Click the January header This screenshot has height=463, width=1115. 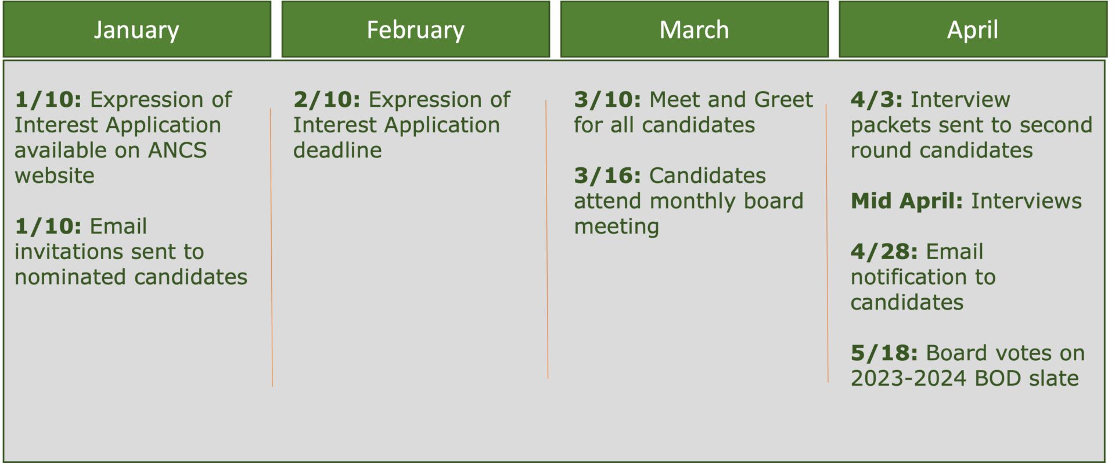point(137,30)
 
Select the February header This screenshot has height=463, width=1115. point(416,30)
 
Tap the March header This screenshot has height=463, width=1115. point(695,30)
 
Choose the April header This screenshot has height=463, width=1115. point(973,30)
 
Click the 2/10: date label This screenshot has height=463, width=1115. point(327,100)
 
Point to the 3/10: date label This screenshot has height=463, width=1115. point(607,100)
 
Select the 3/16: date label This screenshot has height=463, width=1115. point(607,176)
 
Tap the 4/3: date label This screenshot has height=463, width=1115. point(877,100)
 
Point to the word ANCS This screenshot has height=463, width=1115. point(177,150)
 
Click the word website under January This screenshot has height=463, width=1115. point(55,176)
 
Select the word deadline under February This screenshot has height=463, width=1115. point(337,150)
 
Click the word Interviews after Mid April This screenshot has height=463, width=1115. point(1027,202)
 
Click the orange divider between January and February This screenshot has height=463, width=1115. point(271,247)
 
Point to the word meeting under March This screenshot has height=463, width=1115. point(616,227)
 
